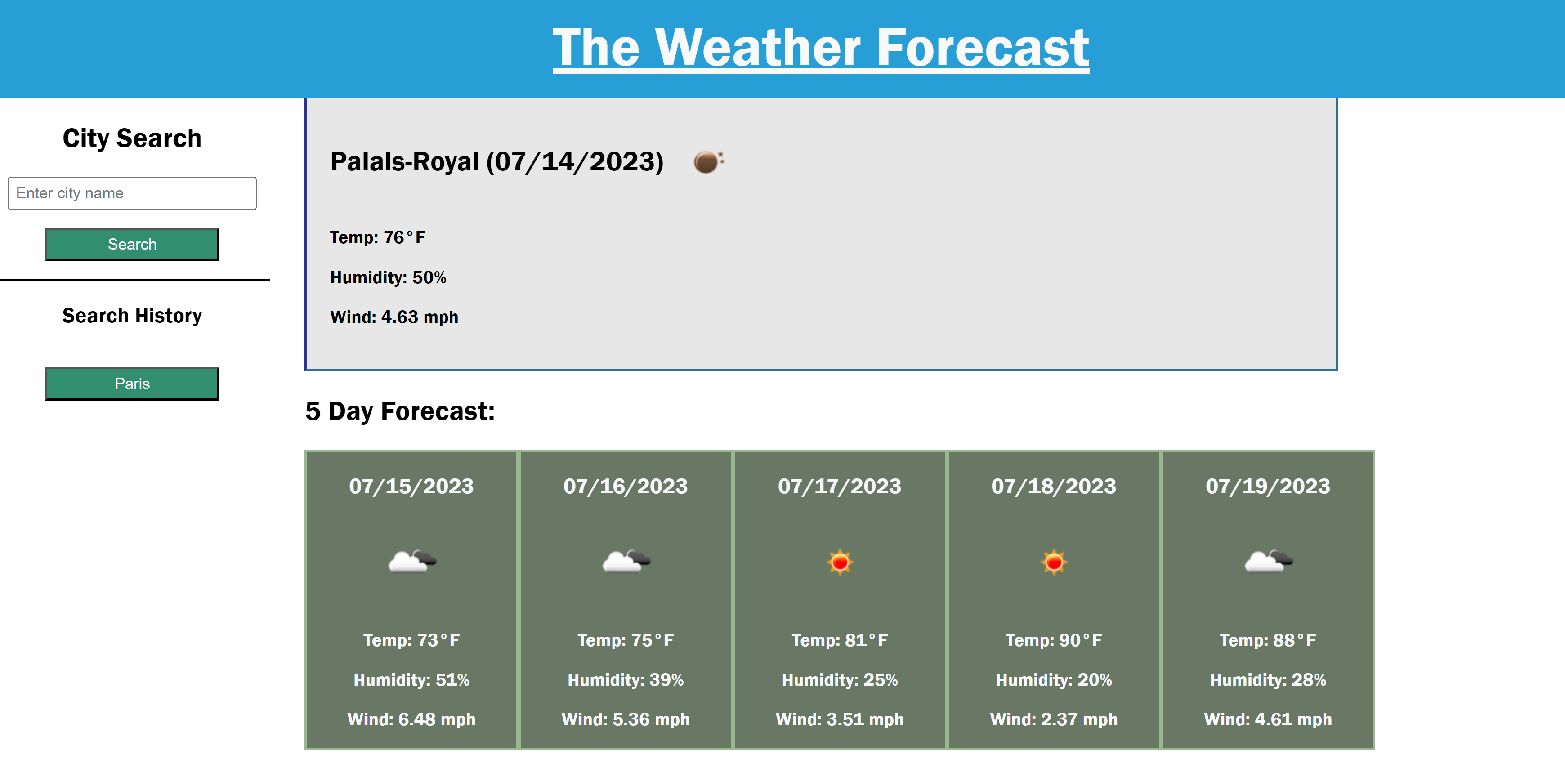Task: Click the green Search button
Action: [x=132, y=244]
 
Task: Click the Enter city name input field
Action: [x=132, y=193]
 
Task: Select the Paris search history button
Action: [x=132, y=384]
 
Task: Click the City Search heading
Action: [x=132, y=138]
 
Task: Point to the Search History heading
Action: [x=132, y=316]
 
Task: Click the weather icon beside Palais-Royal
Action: [x=708, y=161]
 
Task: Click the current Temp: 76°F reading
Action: [x=377, y=237]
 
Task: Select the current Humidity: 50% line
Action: [x=388, y=277]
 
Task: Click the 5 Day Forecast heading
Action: [x=400, y=411]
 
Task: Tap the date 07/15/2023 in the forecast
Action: [x=411, y=486]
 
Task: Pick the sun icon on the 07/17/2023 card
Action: [x=840, y=562]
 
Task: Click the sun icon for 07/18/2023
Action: [x=1054, y=562]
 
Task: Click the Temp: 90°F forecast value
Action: [x=1054, y=640]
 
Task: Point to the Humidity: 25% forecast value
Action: [x=840, y=680]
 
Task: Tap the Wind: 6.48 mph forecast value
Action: [x=411, y=719]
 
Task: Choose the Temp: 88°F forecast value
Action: [x=1268, y=640]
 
